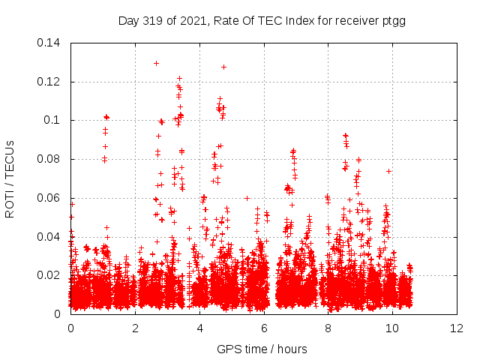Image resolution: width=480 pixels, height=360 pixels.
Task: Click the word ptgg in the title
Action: point(394,21)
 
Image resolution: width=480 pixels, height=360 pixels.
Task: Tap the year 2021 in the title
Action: point(187,21)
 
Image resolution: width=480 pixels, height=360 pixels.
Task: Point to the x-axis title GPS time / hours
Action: point(262,349)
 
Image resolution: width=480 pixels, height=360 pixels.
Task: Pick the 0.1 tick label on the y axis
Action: point(55,120)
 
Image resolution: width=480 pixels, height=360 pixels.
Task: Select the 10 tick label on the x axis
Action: point(392,328)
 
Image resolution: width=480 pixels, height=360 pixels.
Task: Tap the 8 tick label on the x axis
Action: point(328,328)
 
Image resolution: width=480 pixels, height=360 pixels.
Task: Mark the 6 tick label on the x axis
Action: point(264,328)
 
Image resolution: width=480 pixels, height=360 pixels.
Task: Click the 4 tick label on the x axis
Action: point(199,328)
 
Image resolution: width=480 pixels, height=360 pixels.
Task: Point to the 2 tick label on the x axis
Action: point(135,328)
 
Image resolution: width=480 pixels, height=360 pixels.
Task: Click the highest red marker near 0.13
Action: point(156,63)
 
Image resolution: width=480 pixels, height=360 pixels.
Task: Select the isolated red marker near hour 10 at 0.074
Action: point(388,171)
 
